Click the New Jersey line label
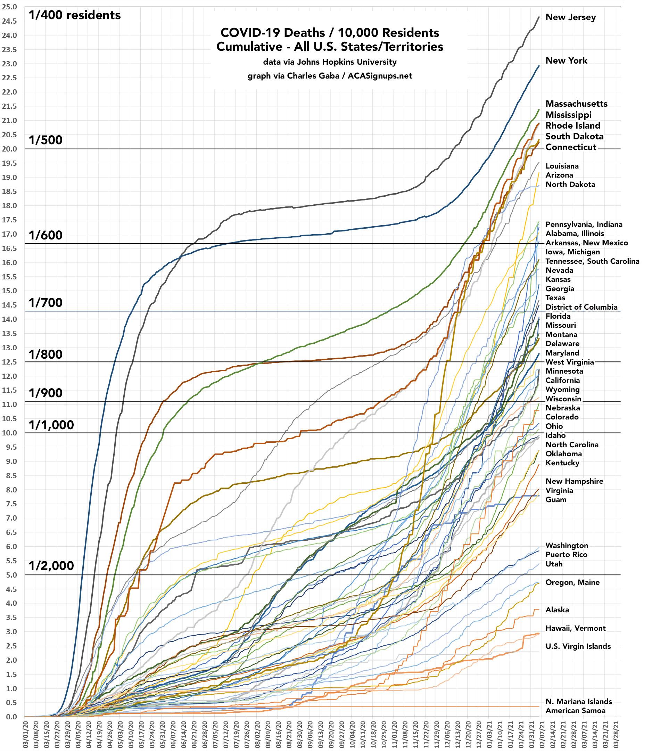[x=570, y=17]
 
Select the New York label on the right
[x=566, y=60]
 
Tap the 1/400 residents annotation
[x=75, y=15]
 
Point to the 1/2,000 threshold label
[x=51, y=565]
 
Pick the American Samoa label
[x=575, y=711]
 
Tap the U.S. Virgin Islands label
[x=578, y=646]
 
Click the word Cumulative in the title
[x=245, y=47]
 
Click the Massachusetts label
[x=576, y=104]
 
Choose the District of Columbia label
[x=581, y=307]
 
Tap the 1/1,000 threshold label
[x=51, y=425]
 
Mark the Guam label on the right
[x=556, y=499]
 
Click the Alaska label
[x=557, y=610]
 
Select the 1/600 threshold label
[x=46, y=235]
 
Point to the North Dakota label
[x=570, y=185]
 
